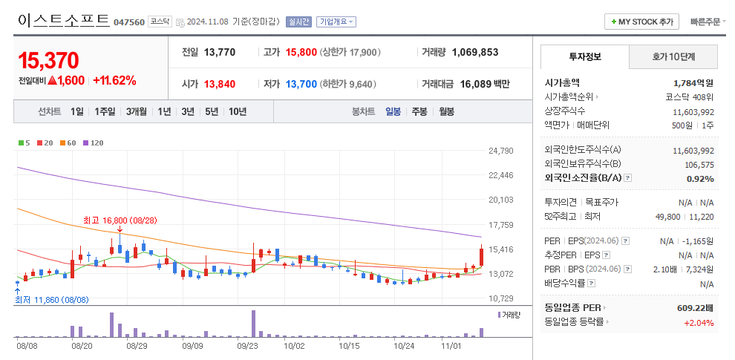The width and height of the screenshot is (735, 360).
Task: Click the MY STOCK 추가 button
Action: pyautogui.click(x=642, y=22)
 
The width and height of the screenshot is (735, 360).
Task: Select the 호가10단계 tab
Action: pyautogui.click(x=673, y=56)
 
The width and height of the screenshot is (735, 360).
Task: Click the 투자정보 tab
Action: pyautogui.click(x=585, y=56)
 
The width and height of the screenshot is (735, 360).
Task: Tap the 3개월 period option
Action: pyautogui.click(x=137, y=111)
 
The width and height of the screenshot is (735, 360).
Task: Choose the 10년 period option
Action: pyautogui.click(x=238, y=111)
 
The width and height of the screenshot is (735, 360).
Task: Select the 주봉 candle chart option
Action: pyautogui.click(x=419, y=111)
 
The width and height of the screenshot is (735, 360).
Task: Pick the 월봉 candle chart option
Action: pyautogui.click(x=446, y=111)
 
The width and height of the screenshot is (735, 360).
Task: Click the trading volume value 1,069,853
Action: pyautogui.click(x=470, y=53)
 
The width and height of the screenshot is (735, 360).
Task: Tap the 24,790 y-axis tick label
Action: pyautogui.click(x=501, y=151)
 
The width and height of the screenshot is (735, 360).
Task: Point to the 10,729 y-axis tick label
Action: pyautogui.click(x=501, y=298)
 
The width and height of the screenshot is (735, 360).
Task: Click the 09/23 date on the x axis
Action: pyautogui.click(x=247, y=346)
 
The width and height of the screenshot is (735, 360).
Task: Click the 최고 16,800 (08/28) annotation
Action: pyautogui.click(x=120, y=220)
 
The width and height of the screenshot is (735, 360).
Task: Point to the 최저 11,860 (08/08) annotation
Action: pyautogui.click(x=52, y=300)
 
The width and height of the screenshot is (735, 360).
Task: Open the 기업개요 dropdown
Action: pyautogui.click(x=336, y=22)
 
